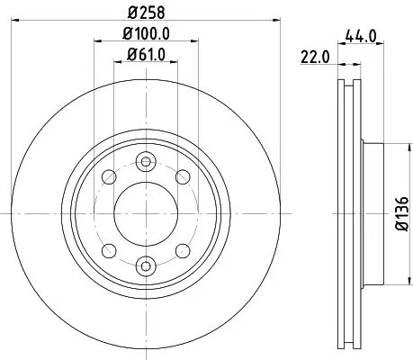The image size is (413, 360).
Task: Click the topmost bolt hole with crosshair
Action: (x=145, y=161)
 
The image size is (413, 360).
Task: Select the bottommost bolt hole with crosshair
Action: (x=145, y=265)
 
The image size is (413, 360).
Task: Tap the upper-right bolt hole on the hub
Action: (x=183, y=176)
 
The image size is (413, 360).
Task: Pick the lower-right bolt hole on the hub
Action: (x=183, y=249)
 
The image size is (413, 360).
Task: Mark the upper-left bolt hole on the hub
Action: (x=108, y=176)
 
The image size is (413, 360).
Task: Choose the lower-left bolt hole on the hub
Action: (x=108, y=249)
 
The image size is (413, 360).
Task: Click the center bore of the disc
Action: (x=145, y=213)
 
